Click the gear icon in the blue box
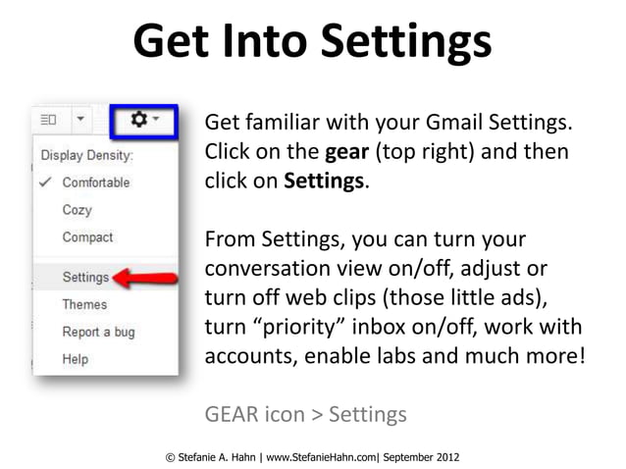click(140, 119)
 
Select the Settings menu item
click(85, 277)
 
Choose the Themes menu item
click(84, 304)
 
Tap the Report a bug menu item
click(98, 332)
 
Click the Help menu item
click(76, 359)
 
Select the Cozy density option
click(77, 210)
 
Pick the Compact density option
click(87, 237)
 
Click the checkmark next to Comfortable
click(44, 182)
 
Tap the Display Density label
click(86, 155)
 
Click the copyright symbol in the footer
click(172, 456)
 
